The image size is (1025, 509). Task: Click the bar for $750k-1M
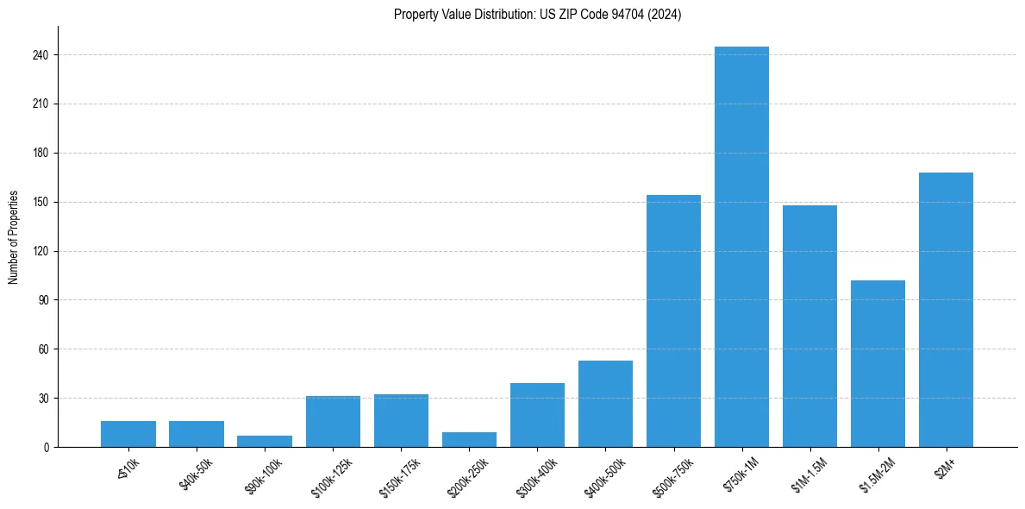pos(741,247)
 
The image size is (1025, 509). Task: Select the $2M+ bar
pos(946,310)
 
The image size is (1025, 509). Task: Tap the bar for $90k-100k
pos(265,442)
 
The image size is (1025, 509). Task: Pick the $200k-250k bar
pos(469,440)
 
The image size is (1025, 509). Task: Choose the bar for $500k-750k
pos(673,321)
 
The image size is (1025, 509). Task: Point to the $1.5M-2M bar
pos(878,363)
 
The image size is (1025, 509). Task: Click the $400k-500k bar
pos(605,404)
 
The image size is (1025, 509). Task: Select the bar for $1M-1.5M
pos(809,326)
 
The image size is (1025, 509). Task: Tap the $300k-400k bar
pos(537,415)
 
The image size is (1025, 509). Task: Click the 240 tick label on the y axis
pos(41,55)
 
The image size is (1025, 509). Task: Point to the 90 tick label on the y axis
pos(44,300)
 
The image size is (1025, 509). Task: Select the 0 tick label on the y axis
pos(47,447)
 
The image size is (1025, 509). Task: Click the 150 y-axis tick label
pos(41,202)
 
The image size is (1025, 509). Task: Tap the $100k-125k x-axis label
pos(334,473)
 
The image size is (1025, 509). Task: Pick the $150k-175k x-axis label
pos(402,473)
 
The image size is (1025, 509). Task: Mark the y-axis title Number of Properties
pos(14,237)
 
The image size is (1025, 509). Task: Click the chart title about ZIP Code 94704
pos(537,15)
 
